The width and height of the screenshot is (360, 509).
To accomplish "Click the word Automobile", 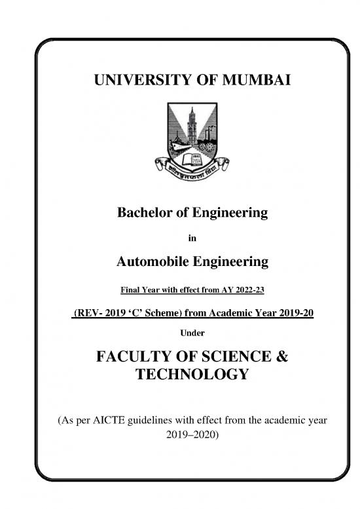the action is tap(153, 262).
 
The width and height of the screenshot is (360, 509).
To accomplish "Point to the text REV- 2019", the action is tap(98, 314).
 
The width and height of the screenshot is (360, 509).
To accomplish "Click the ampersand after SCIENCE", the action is tap(279, 357).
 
